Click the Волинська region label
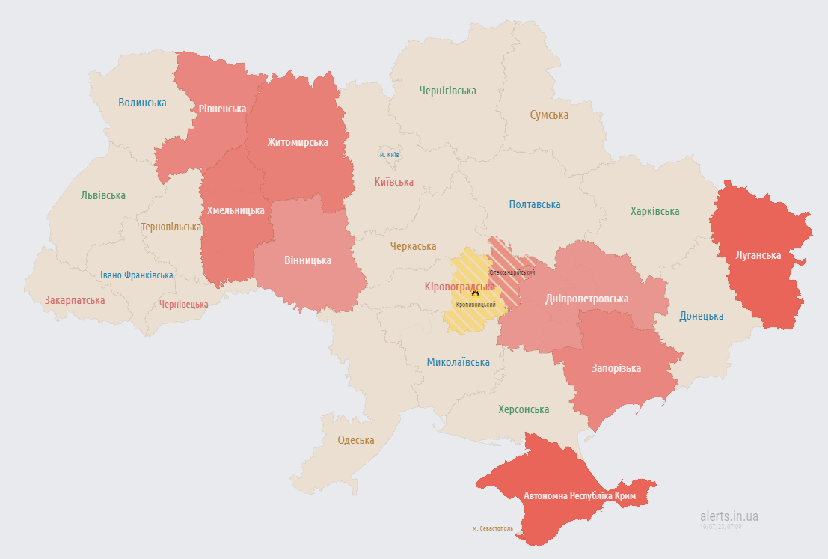pos(142,103)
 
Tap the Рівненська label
pos(222,109)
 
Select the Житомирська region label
pos(298,142)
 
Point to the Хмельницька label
pos(236,210)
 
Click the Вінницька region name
pos(307,260)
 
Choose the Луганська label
pos(758,255)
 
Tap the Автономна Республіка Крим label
pos(580,495)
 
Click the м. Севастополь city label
pos(492,528)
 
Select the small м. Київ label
pos(389,155)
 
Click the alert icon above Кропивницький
pos(475,294)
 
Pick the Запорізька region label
pos(616,368)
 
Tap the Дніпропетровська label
pos(586,299)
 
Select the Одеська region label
pos(355,440)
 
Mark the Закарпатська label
pos(75,300)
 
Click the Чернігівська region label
pos(447,91)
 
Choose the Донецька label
pos(701,316)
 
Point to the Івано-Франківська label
pos(137,275)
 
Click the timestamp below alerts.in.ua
pos(720,527)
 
